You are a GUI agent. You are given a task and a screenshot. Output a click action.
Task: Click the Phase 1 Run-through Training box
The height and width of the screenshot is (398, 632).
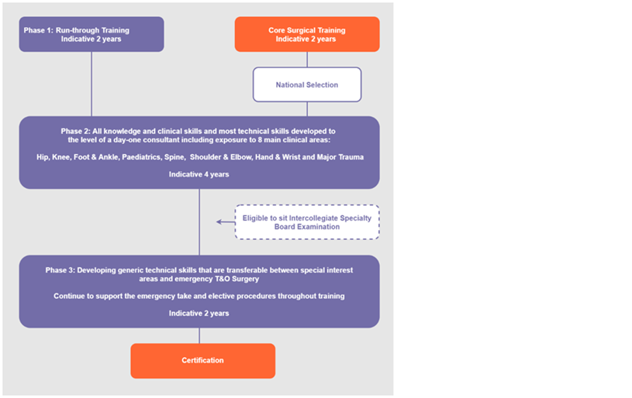92,34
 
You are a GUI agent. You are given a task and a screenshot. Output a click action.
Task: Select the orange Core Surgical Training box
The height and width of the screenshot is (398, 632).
307,34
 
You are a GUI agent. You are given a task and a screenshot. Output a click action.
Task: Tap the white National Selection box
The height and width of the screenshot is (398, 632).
307,84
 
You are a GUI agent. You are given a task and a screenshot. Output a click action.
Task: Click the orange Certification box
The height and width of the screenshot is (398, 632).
202,361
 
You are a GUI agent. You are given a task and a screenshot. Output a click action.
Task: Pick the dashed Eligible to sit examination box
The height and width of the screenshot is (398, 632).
307,222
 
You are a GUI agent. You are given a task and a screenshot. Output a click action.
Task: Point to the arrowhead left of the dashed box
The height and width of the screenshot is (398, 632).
219,221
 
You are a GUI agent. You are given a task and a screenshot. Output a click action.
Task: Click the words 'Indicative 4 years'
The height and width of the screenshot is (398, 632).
199,174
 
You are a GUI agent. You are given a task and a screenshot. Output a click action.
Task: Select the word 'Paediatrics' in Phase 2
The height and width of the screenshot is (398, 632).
141,157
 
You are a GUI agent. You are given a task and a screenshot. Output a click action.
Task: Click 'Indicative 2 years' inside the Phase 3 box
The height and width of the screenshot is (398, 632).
199,313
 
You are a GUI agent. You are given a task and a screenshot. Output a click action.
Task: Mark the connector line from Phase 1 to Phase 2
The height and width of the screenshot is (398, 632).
92,84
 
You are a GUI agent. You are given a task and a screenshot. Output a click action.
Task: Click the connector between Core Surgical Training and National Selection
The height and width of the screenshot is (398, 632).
307,60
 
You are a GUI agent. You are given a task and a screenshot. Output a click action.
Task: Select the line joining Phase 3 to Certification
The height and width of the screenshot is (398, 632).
199,335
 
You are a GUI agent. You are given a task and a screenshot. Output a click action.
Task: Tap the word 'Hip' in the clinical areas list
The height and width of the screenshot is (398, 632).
43,157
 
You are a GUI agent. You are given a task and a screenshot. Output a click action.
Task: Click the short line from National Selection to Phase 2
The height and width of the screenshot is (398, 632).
307,109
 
